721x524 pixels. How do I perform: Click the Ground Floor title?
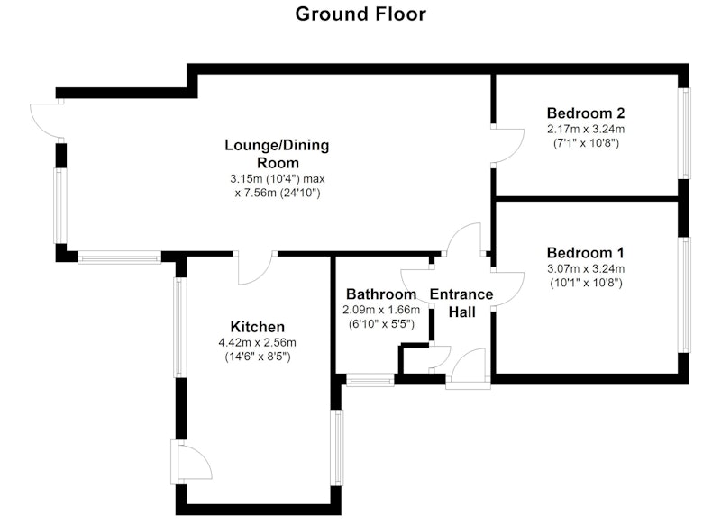point(360,14)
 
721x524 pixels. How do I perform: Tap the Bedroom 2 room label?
point(586,113)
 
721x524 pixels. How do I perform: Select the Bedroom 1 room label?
point(585,253)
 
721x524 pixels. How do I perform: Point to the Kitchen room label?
point(258,327)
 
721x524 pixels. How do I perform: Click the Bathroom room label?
point(381,294)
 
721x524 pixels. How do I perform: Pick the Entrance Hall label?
point(461,303)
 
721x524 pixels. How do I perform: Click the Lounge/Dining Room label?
point(278,154)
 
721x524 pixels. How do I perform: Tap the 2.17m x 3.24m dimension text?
point(586,129)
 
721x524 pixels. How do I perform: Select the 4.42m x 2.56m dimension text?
point(258,343)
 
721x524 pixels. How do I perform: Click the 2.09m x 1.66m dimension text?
point(381,310)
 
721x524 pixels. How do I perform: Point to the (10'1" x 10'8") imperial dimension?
point(587,283)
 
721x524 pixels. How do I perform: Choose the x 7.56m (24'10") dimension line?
point(278,193)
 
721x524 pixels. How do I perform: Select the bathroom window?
point(370,380)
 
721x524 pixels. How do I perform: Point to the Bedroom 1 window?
point(686,294)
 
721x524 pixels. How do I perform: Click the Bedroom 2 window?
point(686,133)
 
